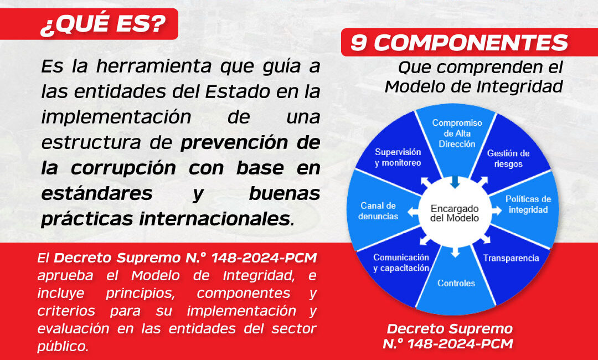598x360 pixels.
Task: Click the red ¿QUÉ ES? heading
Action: pyautogui.click(x=89, y=24)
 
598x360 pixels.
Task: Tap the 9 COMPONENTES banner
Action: pyautogui.click(x=469, y=42)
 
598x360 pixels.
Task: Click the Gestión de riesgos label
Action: pyautogui.click(x=508, y=158)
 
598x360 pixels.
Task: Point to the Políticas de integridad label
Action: pyautogui.click(x=528, y=204)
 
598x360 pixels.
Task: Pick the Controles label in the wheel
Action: pyautogui.click(x=456, y=283)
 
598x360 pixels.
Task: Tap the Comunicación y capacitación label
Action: pyautogui.click(x=401, y=263)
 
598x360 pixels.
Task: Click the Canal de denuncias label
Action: pyautogui.click(x=378, y=211)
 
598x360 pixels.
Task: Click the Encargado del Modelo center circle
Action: pyautogui.click(x=455, y=213)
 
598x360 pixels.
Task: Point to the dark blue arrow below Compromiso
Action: pyautogui.click(x=455, y=182)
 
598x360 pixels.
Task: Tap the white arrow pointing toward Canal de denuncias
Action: pyautogui.click(x=414, y=212)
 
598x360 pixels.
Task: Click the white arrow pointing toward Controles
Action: pyautogui.click(x=455, y=251)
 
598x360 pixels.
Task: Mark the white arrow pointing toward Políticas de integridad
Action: pyautogui.click(x=497, y=210)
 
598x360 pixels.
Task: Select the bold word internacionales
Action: pyautogui.click(x=214, y=219)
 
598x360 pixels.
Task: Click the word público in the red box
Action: pyautogui.click(x=63, y=346)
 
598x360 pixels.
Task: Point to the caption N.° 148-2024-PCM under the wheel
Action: pyautogui.click(x=448, y=343)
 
